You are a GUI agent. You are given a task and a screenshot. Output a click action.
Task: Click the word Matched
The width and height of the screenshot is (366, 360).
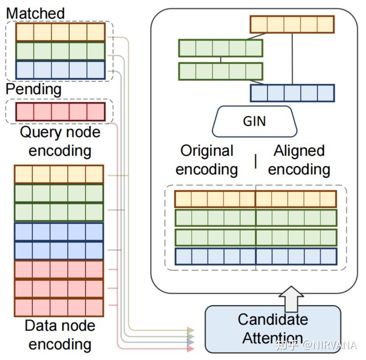coord(35,13)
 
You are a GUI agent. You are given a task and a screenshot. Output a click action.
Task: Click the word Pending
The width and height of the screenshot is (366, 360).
coord(33,89)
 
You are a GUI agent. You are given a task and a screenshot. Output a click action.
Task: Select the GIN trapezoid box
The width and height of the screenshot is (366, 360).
coord(254,121)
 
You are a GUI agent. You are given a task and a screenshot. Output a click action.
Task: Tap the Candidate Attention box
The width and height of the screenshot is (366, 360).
coord(273,329)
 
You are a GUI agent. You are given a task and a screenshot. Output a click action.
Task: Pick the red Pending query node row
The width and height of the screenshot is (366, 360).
coord(60,112)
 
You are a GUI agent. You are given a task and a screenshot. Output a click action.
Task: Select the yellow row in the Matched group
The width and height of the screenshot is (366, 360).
coord(60,32)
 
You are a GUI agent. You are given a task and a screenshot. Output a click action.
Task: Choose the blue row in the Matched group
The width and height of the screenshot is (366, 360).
coord(60,70)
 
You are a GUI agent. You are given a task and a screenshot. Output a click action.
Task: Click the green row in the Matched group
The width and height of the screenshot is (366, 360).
coord(60,51)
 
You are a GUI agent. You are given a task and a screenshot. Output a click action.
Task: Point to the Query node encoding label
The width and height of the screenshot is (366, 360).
coord(60,141)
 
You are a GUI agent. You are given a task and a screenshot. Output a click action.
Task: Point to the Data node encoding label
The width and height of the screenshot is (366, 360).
coord(60,335)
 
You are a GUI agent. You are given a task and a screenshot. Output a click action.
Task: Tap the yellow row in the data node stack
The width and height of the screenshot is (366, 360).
coord(59,174)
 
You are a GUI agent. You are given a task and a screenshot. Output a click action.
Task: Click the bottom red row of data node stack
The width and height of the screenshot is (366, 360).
coord(59,307)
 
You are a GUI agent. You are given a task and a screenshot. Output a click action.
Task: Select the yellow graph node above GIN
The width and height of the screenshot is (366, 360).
coord(292,24)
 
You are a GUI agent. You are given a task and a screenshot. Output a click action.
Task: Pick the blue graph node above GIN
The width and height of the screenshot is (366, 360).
coord(292,93)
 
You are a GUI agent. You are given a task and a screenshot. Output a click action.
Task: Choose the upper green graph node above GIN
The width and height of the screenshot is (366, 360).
coord(221,48)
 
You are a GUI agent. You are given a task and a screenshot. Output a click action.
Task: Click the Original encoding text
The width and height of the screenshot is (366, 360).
coord(207,160)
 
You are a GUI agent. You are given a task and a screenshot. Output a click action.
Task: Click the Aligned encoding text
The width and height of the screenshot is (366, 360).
coord(299,160)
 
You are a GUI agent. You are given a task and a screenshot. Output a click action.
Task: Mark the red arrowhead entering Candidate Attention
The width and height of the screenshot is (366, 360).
coord(190,349)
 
